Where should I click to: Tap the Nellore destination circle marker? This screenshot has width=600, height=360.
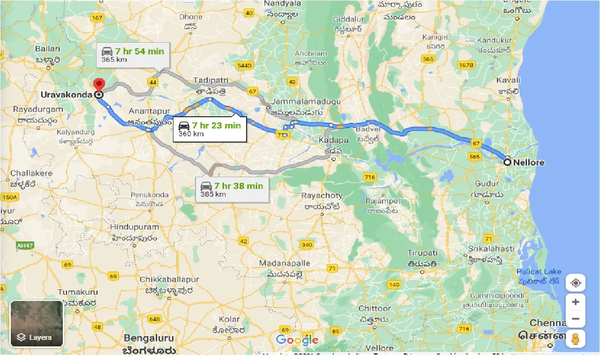click(507, 162)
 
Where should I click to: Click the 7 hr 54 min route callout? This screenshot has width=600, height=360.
click(133, 55)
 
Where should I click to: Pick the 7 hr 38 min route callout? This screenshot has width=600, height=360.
click(232, 189)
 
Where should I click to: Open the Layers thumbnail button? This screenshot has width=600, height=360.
click(37, 323)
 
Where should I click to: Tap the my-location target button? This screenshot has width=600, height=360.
click(576, 283)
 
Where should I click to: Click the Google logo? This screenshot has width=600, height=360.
click(297, 340)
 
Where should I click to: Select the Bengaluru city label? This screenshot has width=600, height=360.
click(149, 338)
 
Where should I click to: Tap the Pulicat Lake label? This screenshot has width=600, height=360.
click(539, 272)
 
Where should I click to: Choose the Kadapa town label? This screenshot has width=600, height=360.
click(333, 140)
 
